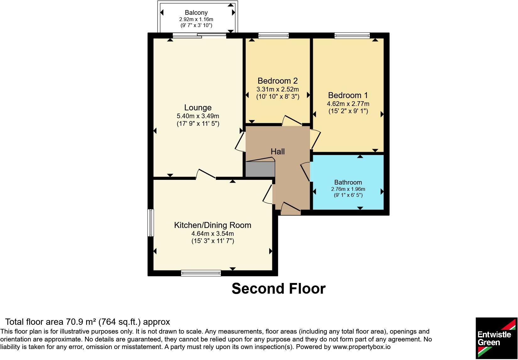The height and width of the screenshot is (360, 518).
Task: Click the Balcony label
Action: pos(196,13)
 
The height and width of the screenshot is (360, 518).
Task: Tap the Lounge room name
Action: pos(198,108)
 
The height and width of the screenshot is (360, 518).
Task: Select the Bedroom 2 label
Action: pos(277,81)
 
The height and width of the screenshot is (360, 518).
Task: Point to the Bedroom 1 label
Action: pos(348,95)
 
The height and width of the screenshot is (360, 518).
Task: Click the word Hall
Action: pos(277,152)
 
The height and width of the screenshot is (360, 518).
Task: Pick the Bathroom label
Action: pos(348,182)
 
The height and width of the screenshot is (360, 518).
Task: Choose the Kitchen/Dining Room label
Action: pos(213,225)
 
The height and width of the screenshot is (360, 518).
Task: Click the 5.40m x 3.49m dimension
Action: pos(198,116)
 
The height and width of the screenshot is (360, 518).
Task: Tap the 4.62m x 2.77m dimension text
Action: pos(348,104)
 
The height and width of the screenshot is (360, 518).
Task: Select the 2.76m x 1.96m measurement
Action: pos(348,189)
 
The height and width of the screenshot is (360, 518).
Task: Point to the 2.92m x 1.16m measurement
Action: pos(196,19)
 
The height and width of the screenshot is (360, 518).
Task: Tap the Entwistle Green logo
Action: pos(496,338)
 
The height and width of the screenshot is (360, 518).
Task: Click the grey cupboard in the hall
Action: pos(260,169)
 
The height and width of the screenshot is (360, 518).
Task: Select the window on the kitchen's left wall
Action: pos(150,223)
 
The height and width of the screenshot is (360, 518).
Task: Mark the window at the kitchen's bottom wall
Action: pos(201,273)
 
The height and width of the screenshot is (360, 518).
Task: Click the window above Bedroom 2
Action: pos(274,36)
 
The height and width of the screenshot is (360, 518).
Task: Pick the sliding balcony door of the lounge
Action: pos(199,36)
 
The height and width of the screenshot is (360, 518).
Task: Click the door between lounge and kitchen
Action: pos(206,174)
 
